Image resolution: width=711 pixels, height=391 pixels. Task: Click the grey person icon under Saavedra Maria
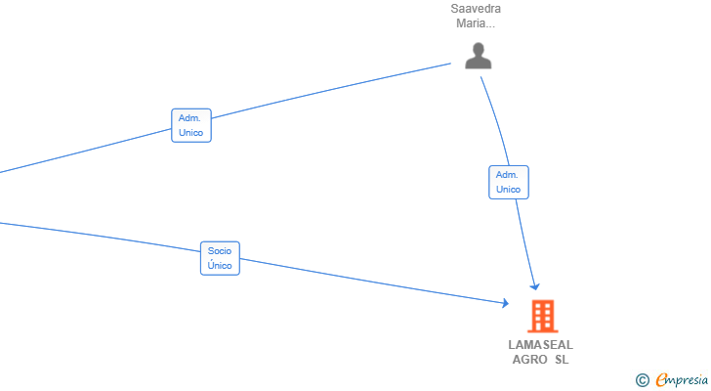coord(478,56)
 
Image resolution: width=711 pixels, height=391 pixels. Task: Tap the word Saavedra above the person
coord(476,9)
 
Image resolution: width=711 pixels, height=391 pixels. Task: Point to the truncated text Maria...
coord(476,23)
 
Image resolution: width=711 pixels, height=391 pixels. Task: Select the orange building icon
coord(543,316)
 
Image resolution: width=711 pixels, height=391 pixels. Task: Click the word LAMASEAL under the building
coord(540,345)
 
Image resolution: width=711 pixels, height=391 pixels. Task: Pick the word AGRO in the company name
coord(529,360)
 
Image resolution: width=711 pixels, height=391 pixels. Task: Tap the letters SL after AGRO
coord(562,360)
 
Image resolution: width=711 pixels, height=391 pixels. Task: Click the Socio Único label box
coord(220,258)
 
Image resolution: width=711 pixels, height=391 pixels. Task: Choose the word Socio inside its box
coord(220,251)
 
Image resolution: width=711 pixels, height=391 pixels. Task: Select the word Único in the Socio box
coord(220,265)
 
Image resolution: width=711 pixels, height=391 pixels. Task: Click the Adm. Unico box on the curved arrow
coord(508,183)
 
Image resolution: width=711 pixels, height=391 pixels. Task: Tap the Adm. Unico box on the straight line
coord(190,125)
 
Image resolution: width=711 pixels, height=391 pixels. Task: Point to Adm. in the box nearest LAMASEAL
coord(507,175)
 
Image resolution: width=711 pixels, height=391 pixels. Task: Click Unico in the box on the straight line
coord(190,132)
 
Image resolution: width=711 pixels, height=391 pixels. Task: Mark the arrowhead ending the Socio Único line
coord(506,303)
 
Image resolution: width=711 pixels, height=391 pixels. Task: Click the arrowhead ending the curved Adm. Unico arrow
coord(535,286)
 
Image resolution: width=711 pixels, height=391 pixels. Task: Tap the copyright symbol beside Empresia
coord(642,380)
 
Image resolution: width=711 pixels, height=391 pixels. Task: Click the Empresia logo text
coord(682,380)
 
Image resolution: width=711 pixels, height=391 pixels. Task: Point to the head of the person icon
coord(478,49)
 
